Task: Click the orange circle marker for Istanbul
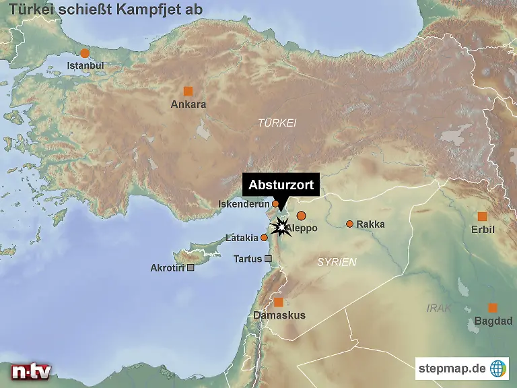tap(85, 53)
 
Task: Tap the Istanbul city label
tap(85, 66)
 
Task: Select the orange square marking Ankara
tap(188, 91)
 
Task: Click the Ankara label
tap(188, 104)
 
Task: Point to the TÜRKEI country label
tap(277, 123)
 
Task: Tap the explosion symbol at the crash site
tap(278, 226)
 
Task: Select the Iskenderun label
tap(244, 204)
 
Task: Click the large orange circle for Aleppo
tap(301, 216)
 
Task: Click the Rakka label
tap(371, 224)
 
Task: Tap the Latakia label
tap(242, 238)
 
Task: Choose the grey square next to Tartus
tap(269, 259)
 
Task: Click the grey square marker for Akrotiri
tap(191, 267)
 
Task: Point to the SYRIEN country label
tap(337, 261)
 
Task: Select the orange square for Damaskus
tap(279, 302)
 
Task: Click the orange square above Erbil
tap(482, 216)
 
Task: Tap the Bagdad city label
tap(493, 321)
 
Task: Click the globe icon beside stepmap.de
tap(499, 368)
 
